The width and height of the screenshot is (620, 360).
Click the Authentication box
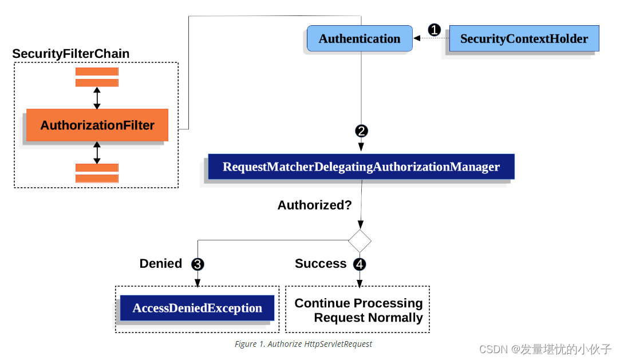click(360, 39)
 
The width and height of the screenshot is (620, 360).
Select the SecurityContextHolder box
click(524, 39)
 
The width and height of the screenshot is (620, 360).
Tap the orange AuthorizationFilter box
click(97, 125)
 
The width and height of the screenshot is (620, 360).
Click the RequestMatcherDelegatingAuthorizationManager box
click(361, 167)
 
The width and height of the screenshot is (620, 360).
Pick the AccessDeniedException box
click(197, 308)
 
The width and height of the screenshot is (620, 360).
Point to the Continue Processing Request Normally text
click(358, 310)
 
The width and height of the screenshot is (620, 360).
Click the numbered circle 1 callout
click(435, 30)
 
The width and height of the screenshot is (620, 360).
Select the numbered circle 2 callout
click(361, 131)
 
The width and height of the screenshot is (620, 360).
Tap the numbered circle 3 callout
click(198, 264)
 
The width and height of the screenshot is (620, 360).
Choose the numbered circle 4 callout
click(360, 264)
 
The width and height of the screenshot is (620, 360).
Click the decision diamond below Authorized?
click(360, 241)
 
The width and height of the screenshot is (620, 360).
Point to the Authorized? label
click(314, 205)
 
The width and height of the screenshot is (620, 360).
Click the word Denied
click(161, 264)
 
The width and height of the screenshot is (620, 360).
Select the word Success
click(321, 264)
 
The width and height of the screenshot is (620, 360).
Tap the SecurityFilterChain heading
click(71, 54)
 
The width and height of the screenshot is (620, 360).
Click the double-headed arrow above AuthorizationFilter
click(97, 98)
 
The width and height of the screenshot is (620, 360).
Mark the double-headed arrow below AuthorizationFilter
click(97, 153)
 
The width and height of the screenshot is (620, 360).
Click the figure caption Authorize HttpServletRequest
click(303, 344)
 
